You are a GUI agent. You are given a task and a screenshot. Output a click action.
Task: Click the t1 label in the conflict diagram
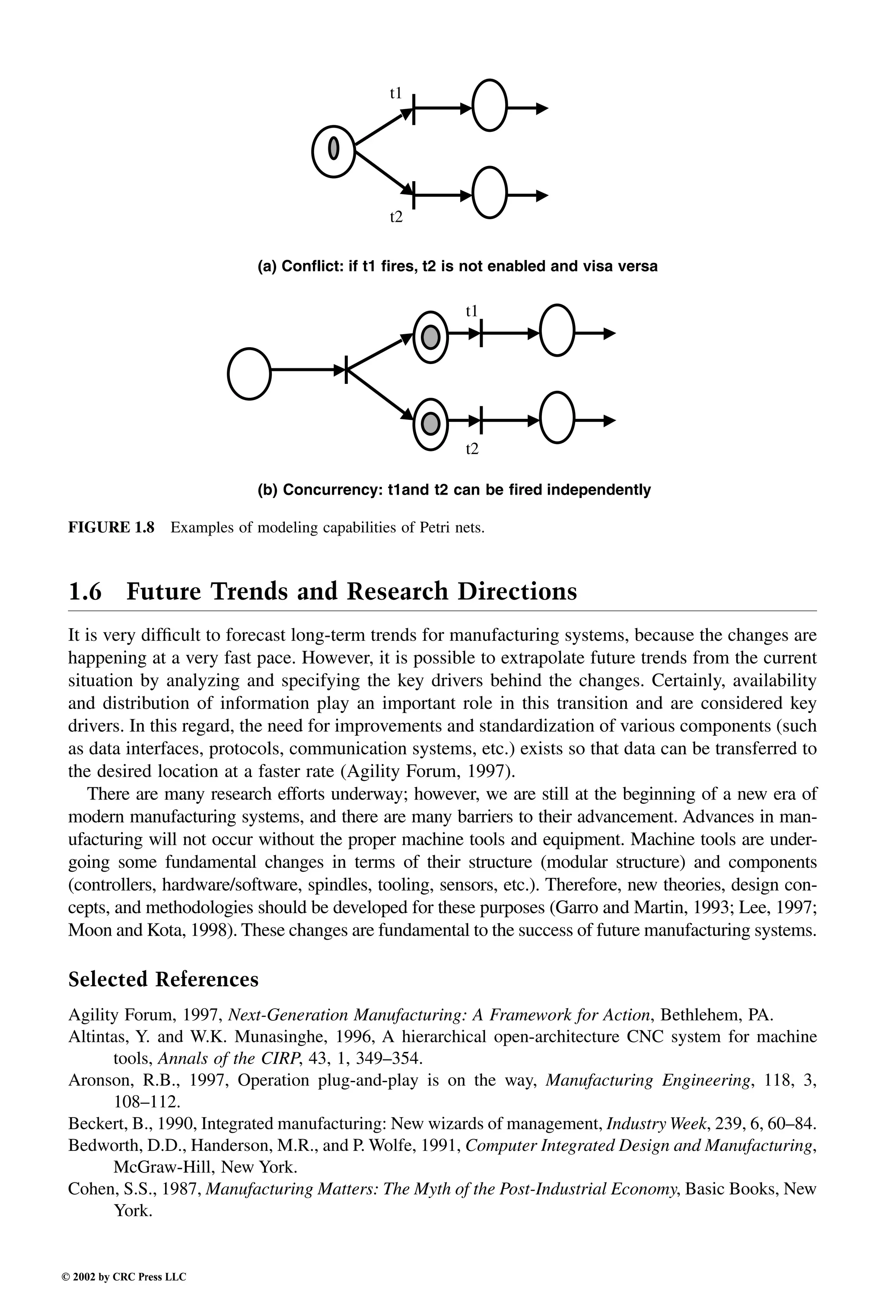(396, 93)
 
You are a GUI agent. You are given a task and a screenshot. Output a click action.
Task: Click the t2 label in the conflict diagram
(396, 217)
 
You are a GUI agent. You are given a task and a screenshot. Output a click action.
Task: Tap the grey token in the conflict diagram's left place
(334, 148)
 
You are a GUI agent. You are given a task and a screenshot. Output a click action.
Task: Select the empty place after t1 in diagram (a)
(489, 106)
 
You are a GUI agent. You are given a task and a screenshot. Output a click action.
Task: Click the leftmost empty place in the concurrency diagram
(249, 374)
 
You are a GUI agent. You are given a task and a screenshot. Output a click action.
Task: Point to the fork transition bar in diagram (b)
(346, 369)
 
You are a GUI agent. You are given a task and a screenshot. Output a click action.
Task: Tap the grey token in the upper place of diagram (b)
(430, 337)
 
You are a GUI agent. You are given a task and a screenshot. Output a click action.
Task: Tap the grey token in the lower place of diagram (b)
(430, 424)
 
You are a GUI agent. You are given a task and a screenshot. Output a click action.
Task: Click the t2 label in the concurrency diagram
(472, 449)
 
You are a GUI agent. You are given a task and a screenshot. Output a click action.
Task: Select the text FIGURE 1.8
(111, 527)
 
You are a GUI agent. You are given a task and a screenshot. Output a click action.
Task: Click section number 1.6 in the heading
(85, 591)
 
